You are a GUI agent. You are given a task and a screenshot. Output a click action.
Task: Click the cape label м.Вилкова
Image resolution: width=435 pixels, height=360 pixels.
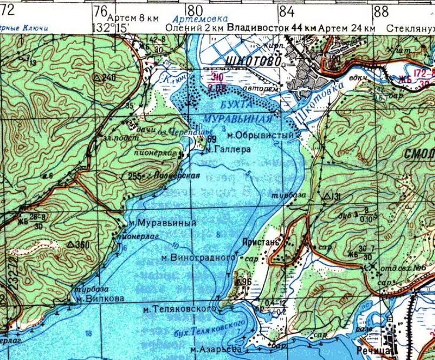[101, 298]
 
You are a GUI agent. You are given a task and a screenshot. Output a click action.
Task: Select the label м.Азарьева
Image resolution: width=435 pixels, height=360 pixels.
[216, 350]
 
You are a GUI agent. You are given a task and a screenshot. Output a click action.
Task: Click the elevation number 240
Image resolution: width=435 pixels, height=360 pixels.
[108, 78]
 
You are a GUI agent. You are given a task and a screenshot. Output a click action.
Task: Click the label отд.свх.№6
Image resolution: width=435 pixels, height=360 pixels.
[402, 267]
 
